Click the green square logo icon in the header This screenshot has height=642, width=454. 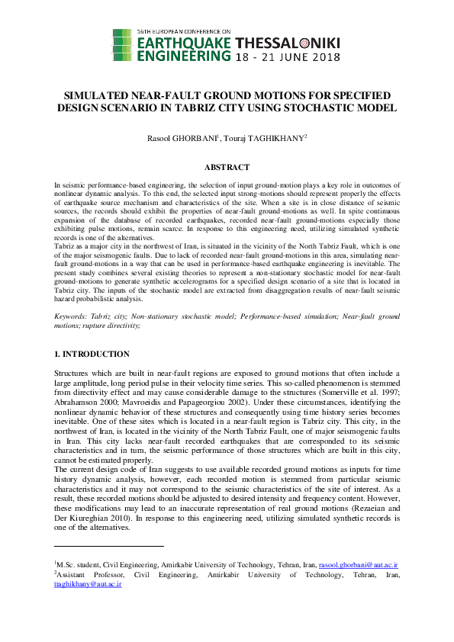[x=121, y=44]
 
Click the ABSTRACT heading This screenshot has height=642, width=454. [x=227, y=167]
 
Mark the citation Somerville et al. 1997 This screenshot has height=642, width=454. [x=353, y=390]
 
